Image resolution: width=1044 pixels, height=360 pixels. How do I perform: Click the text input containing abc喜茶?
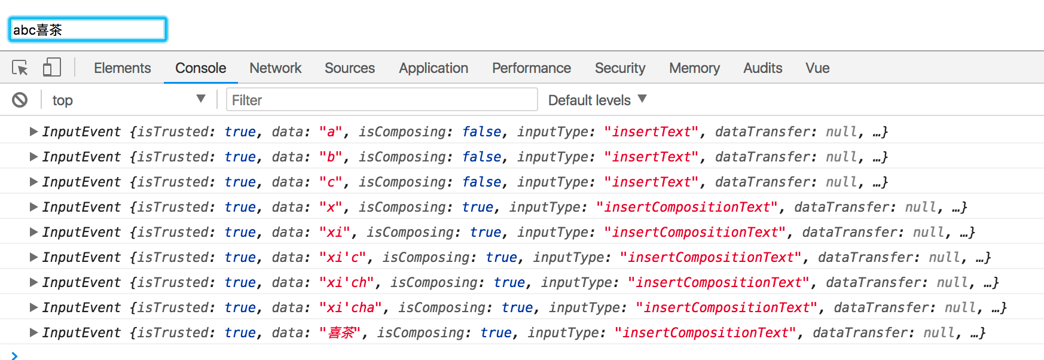coord(87,29)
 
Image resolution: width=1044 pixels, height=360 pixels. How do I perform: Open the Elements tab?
coord(122,68)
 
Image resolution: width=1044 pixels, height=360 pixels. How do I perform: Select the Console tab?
coord(200,68)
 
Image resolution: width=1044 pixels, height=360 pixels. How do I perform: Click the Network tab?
coord(275,68)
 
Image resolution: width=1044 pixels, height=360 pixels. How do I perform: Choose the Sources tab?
coord(350,68)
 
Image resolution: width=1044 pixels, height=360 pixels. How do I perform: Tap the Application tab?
coord(434,68)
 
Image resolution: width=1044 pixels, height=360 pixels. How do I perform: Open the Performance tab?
coord(531,68)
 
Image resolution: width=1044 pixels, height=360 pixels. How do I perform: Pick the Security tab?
coord(619,68)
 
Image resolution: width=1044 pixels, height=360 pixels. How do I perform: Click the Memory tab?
coord(694,68)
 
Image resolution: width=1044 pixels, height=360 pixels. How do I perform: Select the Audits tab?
coord(762,68)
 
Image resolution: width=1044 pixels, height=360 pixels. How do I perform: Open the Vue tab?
coord(817,68)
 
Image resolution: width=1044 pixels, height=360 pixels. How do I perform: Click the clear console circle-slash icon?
coord(20,100)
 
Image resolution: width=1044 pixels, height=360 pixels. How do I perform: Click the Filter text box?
coord(381,100)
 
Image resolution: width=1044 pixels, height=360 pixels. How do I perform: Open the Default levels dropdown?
coord(597,100)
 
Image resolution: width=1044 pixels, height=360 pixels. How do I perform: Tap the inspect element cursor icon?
coord(20,68)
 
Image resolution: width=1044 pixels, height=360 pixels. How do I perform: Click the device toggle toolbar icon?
coord(52,67)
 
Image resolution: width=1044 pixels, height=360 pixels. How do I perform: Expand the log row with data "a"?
coord(33,132)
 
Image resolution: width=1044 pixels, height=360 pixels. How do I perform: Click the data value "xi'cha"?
coord(350,307)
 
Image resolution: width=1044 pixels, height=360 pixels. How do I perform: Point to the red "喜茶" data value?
coord(340,332)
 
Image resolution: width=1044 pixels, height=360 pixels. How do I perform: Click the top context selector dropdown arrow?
coord(201,99)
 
